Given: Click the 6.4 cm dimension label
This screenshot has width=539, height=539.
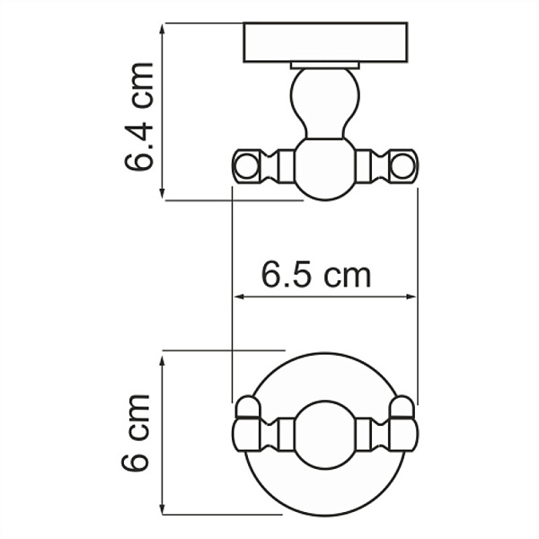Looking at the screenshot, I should (x=139, y=117).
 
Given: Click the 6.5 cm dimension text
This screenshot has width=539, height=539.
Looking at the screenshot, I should (x=316, y=274).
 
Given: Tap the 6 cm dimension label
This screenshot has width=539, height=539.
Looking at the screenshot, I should (x=137, y=433).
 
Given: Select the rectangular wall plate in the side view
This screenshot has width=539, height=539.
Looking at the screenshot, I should (x=325, y=42).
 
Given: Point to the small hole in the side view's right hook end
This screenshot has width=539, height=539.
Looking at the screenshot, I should (x=404, y=165).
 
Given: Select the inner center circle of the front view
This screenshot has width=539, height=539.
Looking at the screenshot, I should (x=324, y=435).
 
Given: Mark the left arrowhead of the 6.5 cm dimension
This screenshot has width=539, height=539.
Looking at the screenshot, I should (x=238, y=296).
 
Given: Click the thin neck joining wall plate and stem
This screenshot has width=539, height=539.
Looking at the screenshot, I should (x=324, y=66).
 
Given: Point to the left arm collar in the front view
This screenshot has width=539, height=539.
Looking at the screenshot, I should (x=286, y=435).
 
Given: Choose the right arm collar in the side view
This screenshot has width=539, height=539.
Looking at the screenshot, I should (x=364, y=165).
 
